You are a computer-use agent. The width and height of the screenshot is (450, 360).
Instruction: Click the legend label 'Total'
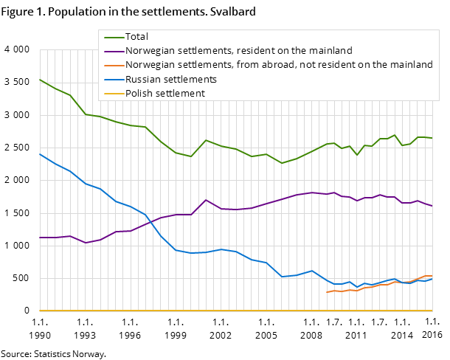(137, 37)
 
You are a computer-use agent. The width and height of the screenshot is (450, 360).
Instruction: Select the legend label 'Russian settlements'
(170, 79)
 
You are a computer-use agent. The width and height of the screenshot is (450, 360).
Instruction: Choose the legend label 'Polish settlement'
(165, 93)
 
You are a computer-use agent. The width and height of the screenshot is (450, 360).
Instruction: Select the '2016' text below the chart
(432, 336)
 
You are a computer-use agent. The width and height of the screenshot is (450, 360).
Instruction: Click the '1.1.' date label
(432, 321)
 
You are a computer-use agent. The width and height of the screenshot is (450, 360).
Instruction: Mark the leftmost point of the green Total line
(40, 79)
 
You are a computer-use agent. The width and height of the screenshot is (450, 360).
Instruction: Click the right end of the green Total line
(432, 138)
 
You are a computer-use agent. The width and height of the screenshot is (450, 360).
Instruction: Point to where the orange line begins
(327, 292)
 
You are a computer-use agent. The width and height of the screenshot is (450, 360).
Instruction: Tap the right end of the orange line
(432, 276)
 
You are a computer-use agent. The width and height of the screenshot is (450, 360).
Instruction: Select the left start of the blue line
(40, 154)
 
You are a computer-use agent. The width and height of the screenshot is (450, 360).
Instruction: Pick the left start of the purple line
(40, 238)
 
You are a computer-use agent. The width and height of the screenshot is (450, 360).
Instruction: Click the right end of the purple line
(432, 206)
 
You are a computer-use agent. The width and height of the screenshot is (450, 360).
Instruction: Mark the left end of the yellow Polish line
(40, 311)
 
